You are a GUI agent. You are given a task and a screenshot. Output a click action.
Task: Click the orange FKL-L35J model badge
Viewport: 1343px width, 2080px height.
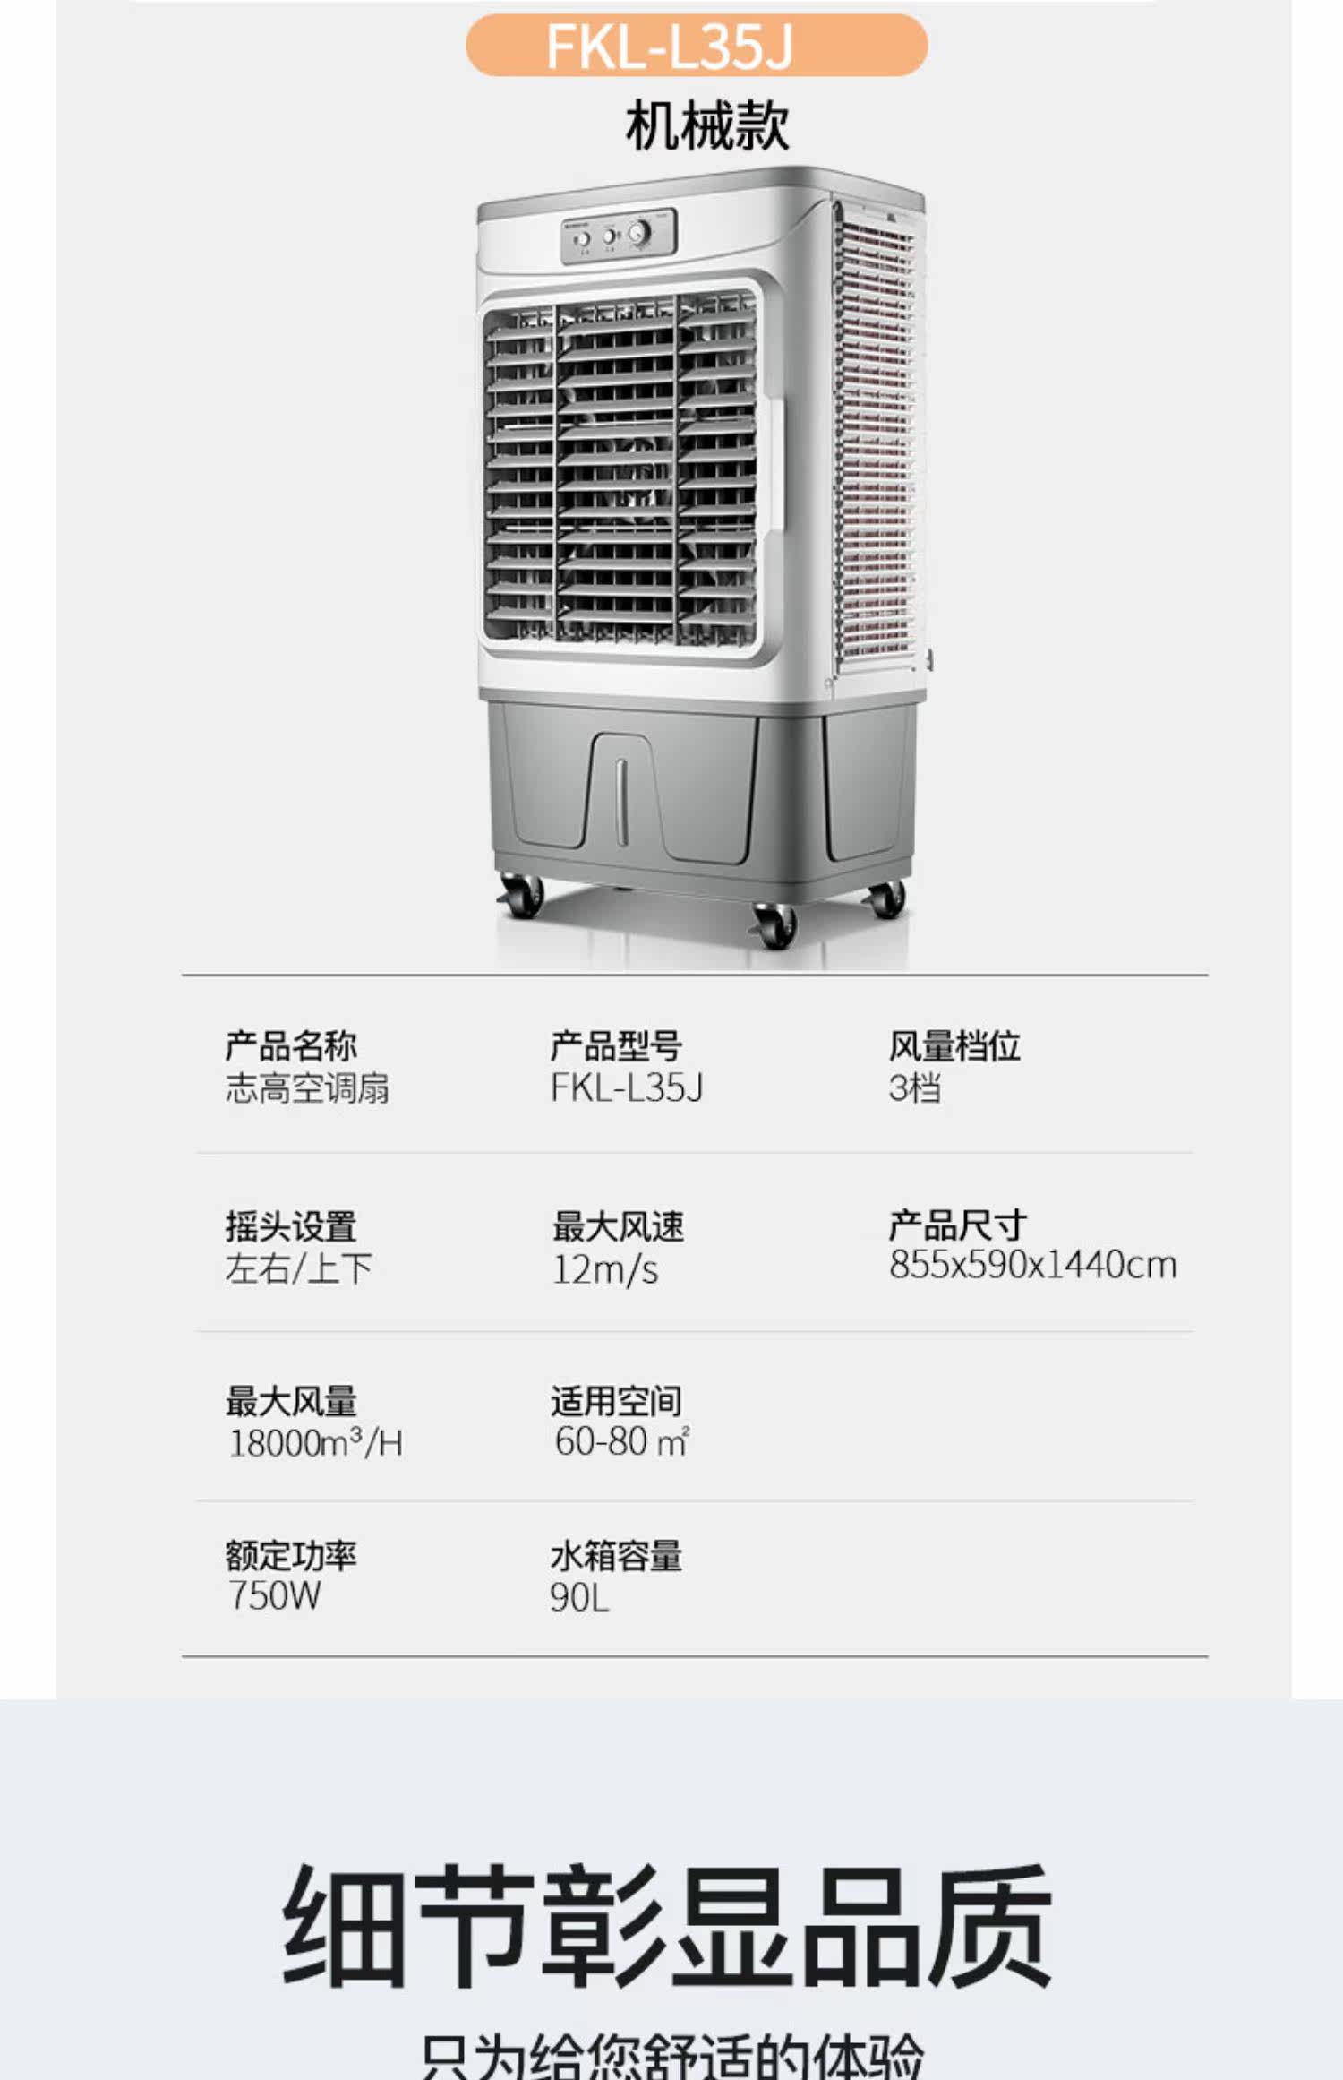(696, 45)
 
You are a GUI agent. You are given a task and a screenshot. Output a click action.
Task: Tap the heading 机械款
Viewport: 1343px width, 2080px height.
(707, 125)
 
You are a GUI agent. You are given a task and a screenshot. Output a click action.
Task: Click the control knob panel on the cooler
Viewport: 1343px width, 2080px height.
(618, 236)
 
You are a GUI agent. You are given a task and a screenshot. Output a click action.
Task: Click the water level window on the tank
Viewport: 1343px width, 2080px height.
(621, 801)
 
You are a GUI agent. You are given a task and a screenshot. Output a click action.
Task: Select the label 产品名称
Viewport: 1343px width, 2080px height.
(291, 1045)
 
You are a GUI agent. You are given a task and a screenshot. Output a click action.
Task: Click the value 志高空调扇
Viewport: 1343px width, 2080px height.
(307, 1088)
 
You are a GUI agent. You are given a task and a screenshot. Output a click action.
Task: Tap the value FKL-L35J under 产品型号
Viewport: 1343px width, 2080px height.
(627, 1088)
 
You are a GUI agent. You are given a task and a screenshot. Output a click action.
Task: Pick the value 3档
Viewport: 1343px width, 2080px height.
(914, 1088)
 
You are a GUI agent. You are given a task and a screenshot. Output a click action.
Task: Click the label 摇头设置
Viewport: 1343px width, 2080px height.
(291, 1226)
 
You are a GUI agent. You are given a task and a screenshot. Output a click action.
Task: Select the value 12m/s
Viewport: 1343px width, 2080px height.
(605, 1269)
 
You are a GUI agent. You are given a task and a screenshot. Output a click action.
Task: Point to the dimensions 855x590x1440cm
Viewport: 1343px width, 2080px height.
(1032, 1265)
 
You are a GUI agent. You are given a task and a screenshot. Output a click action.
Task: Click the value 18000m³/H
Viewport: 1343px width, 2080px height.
(316, 1443)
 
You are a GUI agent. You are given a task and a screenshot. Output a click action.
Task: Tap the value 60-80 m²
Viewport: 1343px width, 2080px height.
(621, 1441)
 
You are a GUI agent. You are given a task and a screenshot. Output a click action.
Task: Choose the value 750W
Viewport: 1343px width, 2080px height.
(274, 1595)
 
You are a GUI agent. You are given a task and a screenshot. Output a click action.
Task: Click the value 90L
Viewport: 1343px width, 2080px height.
(579, 1597)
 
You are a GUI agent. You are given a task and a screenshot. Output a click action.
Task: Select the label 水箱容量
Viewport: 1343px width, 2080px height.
(616, 1556)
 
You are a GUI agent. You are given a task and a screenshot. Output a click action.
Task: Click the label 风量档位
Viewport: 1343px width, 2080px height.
(954, 1045)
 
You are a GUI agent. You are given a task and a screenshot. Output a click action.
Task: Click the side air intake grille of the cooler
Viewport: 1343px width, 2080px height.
(876, 439)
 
